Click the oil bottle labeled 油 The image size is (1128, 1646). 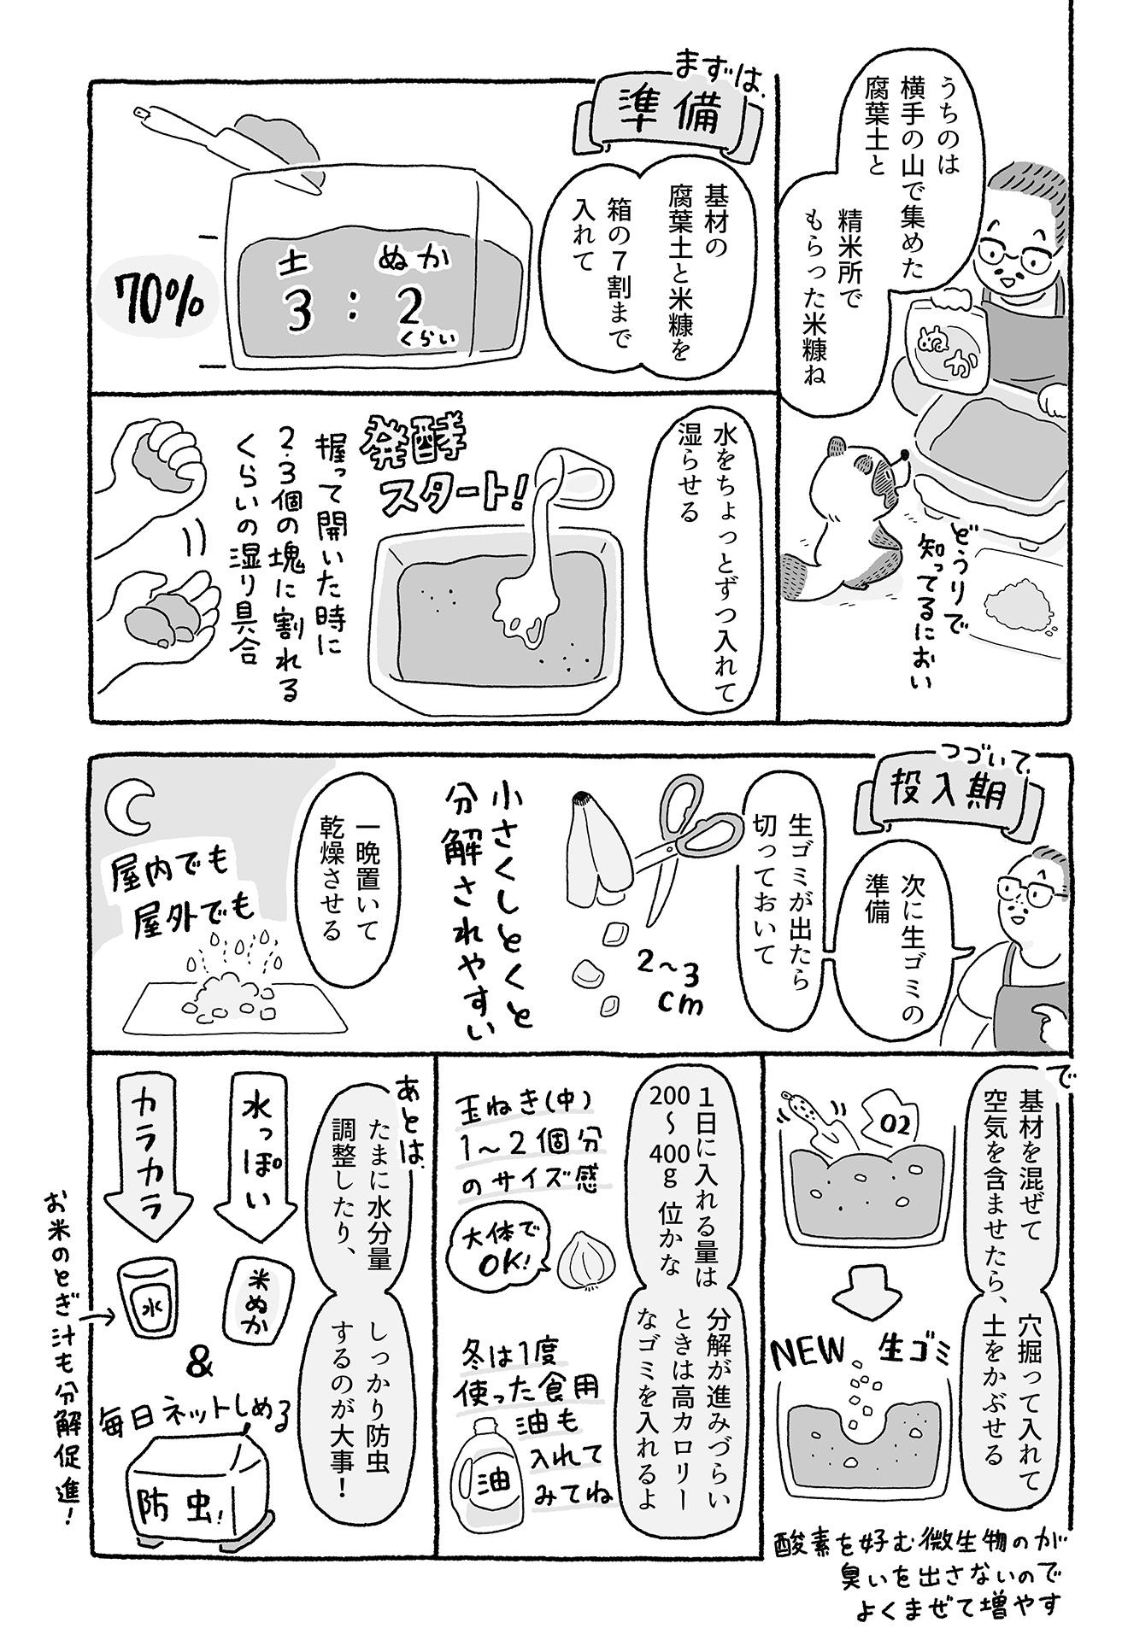tap(491, 1475)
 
